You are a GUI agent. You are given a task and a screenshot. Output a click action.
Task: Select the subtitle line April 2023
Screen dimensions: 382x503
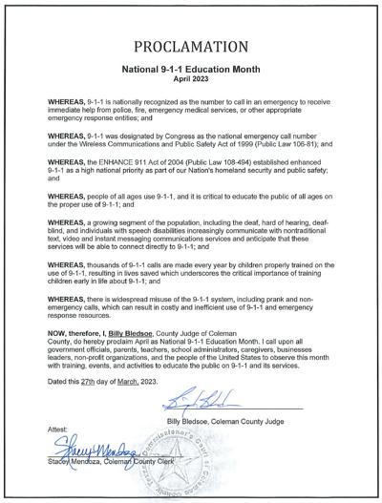click(x=190, y=79)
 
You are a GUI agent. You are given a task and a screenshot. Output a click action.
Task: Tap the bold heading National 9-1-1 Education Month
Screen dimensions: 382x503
click(x=190, y=70)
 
